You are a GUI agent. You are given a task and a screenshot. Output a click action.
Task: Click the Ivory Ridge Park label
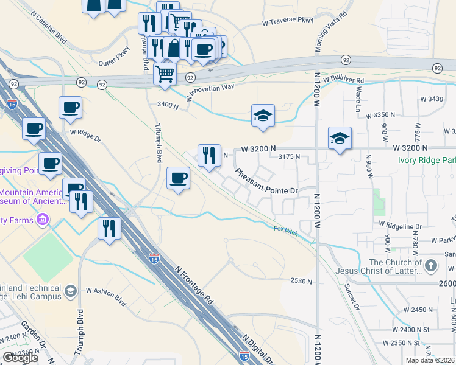tap(426, 160)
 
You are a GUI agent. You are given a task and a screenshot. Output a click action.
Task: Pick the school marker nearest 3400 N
tap(263, 116)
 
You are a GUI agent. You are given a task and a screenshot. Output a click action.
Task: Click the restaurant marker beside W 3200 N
tap(209, 155)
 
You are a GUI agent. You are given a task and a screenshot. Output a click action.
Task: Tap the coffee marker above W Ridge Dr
tap(70, 108)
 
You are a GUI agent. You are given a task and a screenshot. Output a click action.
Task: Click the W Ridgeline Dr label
tap(400, 226)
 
